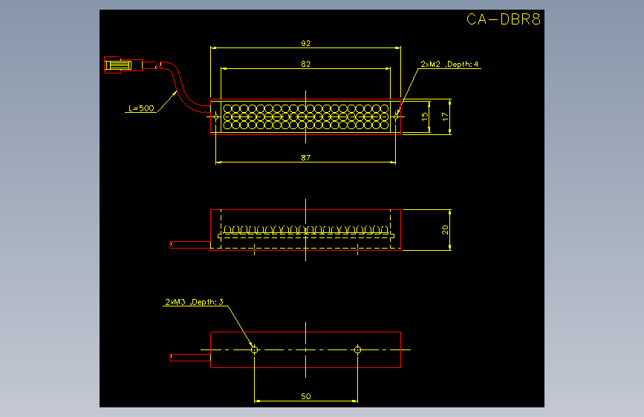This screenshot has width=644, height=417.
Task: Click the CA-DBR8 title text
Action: [504, 19]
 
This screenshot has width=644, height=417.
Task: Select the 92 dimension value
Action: [305, 43]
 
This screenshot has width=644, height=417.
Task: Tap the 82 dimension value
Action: [305, 64]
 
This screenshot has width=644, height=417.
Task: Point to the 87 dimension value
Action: [305, 157]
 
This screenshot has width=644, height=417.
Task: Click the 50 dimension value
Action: [305, 396]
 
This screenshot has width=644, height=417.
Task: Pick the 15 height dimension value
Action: [425, 116]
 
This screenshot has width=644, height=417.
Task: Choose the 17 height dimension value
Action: [445, 117]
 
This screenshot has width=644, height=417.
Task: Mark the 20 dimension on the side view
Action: [445, 230]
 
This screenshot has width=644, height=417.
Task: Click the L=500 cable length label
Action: [141, 108]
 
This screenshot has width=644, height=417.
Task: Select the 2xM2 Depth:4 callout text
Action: [449, 64]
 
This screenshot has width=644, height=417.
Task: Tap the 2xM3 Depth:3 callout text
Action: [194, 302]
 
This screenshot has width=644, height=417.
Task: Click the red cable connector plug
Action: [123, 65]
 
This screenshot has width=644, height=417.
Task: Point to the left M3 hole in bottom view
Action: [254, 349]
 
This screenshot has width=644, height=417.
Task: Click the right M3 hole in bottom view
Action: [357, 349]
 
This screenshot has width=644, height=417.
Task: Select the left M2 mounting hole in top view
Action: [216, 116]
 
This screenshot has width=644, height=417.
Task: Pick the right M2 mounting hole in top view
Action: [395, 116]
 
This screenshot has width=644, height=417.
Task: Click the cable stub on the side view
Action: [190, 245]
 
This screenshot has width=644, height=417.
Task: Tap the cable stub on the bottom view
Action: [190, 358]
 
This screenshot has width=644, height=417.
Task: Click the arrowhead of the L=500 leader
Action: [175, 93]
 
